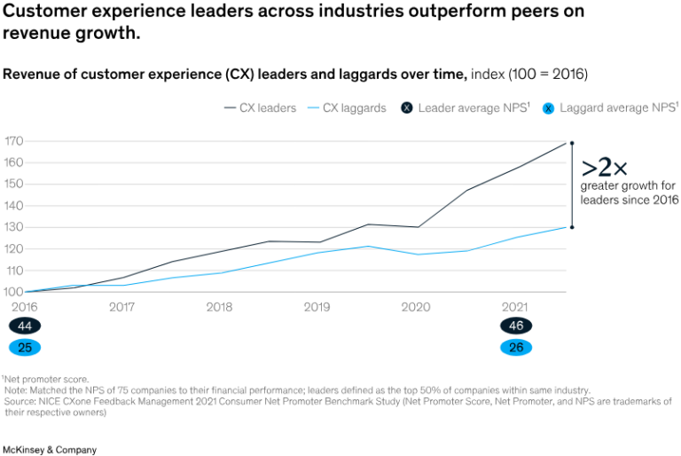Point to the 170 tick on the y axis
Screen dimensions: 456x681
pos(13,141)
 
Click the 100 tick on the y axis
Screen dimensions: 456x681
pos(13,291)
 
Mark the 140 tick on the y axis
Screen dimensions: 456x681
pos(13,206)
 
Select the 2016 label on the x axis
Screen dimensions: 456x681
pos(24,308)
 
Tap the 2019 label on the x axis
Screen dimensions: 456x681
pos(317,308)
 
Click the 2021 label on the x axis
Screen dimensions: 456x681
pos(514,308)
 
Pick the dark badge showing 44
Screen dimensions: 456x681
pos(24,326)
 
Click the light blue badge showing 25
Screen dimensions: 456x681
pos(24,347)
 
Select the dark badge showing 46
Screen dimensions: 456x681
pos(515,326)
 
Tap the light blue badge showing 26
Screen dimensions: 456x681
pos(515,347)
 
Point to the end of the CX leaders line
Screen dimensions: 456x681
pos(567,142)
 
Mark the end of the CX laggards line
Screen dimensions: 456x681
pos(567,227)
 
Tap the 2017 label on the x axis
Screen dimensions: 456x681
pos(121,308)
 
